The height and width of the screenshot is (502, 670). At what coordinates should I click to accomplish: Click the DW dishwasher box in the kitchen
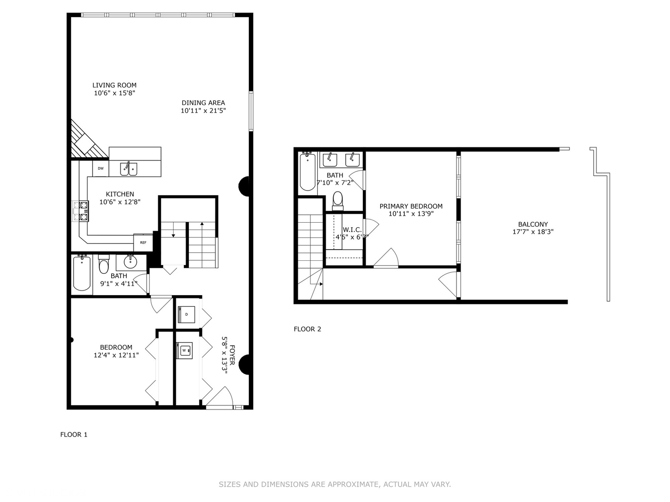pyautogui.click(x=100, y=168)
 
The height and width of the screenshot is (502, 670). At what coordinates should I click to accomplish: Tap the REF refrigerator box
pyautogui.click(x=143, y=243)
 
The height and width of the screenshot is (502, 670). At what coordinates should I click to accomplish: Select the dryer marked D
pyautogui.click(x=187, y=314)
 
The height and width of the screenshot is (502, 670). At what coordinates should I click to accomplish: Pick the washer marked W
pyautogui.click(x=184, y=350)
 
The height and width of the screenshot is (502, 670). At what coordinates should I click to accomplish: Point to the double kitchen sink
pyautogui.click(x=129, y=169)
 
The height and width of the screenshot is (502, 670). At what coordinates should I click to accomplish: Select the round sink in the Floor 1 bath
pyautogui.click(x=130, y=262)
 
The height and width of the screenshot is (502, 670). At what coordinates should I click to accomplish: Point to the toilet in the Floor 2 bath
pyautogui.click(x=338, y=200)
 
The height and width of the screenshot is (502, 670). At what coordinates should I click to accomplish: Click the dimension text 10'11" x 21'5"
pyautogui.click(x=203, y=111)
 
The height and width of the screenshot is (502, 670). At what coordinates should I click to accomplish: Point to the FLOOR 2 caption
pyautogui.click(x=307, y=329)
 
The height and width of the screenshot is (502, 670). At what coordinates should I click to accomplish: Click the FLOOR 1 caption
pyautogui.click(x=74, y=435)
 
